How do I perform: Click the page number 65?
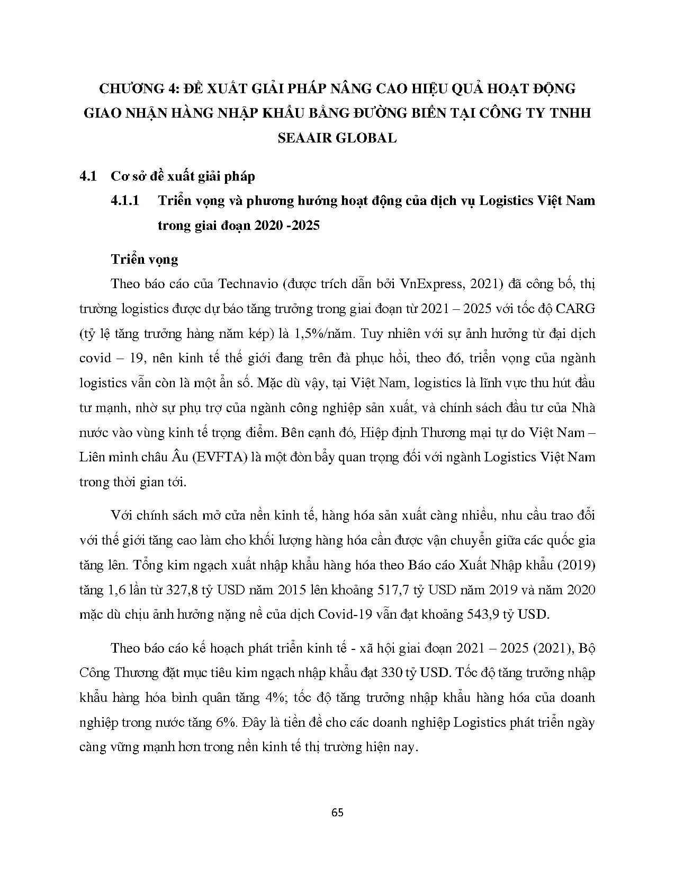(337, 813)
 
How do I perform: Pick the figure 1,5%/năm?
(317, 333)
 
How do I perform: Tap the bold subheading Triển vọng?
(145, 259)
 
